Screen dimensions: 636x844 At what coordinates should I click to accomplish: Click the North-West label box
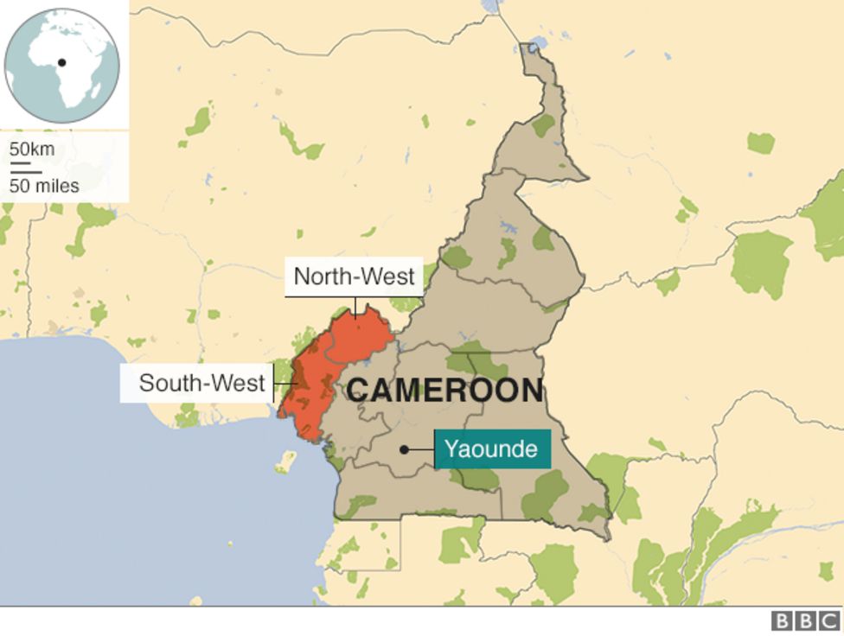[x=354, y=277]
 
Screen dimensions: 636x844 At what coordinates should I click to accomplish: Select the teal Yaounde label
[x=492, y=449]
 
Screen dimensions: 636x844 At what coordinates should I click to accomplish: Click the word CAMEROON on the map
[x=444, y=391]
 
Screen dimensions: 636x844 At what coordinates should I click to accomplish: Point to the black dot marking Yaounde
[x=404, y=449]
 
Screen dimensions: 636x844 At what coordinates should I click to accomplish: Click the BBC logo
[x=805, y=621]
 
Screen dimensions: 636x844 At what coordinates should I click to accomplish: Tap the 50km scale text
[x=32, y=149]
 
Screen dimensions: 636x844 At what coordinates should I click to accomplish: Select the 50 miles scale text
[x=44, y=186]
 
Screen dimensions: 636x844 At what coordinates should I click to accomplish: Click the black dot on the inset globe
[x=62, y=62]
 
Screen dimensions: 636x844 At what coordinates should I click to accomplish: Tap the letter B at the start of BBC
[x=782, y=621]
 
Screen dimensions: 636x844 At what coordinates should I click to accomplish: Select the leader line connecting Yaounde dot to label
[x=421, y=449]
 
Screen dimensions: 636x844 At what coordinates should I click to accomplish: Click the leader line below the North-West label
[x=355, y=307]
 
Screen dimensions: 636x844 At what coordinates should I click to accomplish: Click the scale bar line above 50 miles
[x=25, y=172]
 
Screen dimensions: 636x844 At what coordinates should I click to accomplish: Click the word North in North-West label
[x=319, y=277]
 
